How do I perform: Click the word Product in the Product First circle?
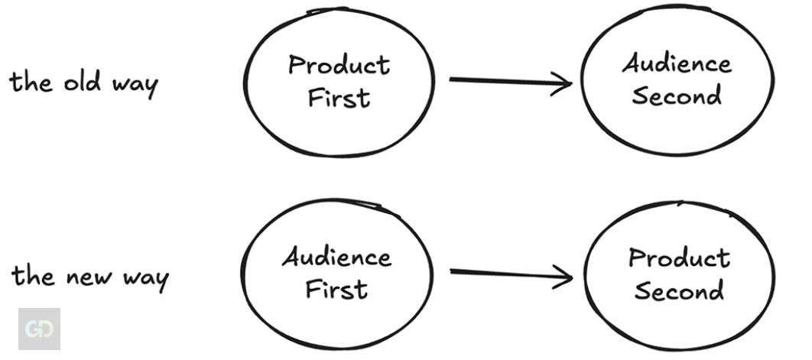point(339,66)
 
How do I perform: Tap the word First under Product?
point(339,98)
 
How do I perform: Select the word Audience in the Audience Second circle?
point(676,63)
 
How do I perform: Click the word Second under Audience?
point(677,96)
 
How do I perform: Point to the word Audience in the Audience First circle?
point(336,257)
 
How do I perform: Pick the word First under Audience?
point(336,289)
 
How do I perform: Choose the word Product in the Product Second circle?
point(679,258)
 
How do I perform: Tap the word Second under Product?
point(679,290)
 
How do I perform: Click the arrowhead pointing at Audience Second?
point(564,83)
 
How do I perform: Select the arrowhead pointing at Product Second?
point(564,277)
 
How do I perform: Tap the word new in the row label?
point(86,277)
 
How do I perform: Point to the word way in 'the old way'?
point(134,84)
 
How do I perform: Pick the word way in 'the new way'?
point(143,279)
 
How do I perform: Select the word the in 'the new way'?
point(32,275)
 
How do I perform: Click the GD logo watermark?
point(38,329)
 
